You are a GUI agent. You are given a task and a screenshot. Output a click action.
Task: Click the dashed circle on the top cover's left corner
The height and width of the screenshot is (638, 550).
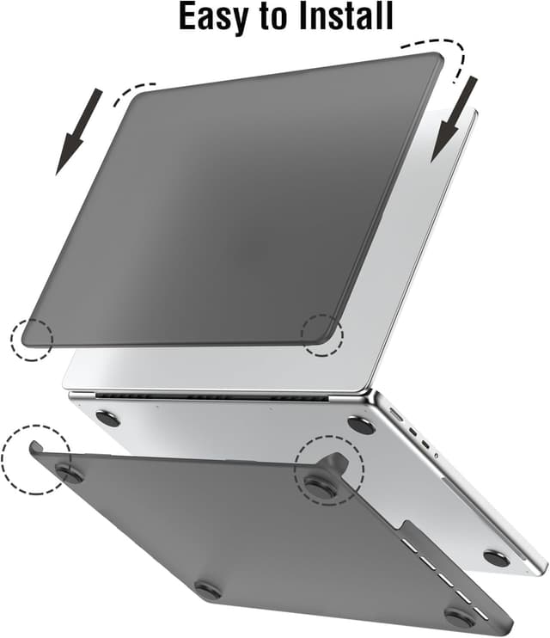pos(31,338)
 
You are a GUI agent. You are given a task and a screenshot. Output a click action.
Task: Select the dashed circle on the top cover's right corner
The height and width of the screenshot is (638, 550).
pos(322,334)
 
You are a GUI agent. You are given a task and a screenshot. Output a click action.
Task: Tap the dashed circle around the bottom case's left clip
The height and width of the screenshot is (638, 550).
pos(33,457)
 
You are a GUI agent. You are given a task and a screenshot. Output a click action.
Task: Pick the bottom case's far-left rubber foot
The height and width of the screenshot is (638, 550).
pos(69,472)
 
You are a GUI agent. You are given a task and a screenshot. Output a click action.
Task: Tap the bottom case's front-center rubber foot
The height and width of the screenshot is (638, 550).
pos(208,590)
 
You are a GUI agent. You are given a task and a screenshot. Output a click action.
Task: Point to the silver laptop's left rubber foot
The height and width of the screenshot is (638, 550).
pos(108,419)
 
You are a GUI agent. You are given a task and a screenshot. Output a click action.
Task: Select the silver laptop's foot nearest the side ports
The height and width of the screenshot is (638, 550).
pos(359,424)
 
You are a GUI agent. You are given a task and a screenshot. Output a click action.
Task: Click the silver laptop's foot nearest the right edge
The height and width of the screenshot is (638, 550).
pos(496,558)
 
